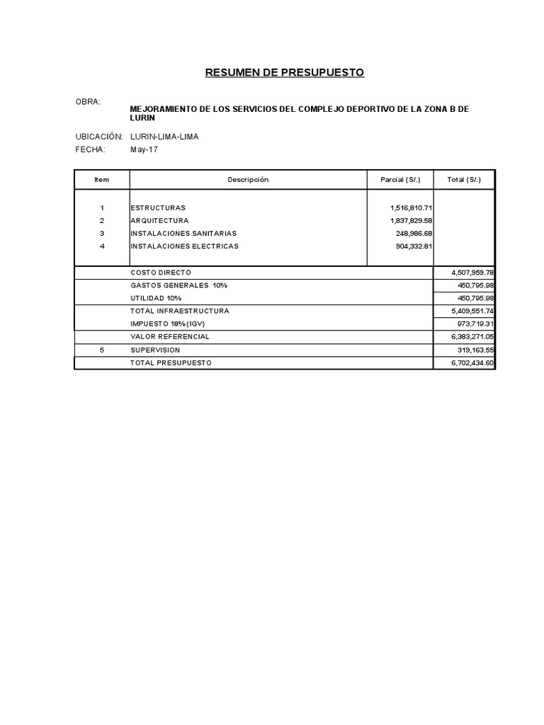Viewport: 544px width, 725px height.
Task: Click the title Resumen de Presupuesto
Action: coord(284,72)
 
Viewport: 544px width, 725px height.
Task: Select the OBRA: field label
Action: coord(88,102)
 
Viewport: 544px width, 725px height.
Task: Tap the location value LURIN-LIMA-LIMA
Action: coord(164,137)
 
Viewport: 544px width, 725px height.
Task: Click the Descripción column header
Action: coord(248,180)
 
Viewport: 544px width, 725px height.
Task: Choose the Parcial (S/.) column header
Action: coord(399,180)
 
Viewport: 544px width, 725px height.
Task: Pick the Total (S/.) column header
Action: coord(464,180)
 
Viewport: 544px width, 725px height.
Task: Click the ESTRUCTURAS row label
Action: coord(158,207)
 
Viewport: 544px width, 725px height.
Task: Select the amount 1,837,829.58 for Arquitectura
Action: coord(411,220)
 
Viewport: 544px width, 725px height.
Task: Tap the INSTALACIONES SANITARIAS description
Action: coord(183,233)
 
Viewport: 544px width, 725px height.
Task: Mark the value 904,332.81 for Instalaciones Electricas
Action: coord(414,246)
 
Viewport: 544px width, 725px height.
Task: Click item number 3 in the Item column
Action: coord(102,233)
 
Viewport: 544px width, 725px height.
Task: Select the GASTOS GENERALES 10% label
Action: coord(179,285)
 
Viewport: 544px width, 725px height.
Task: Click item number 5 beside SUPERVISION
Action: coord(102,350)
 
